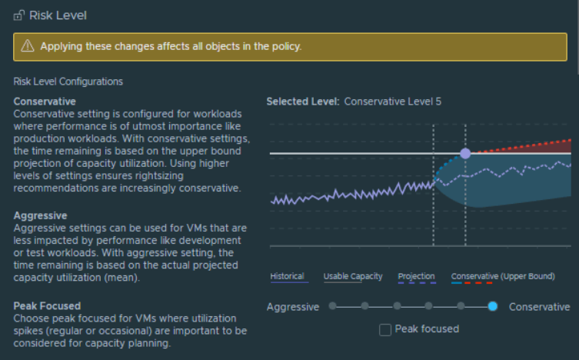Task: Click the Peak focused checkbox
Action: (386, 329)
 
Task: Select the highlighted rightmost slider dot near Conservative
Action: (493, 306)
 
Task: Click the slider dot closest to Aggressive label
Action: (332, 306)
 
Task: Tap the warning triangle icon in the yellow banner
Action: (28, 47)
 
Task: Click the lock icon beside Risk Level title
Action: (18, 15)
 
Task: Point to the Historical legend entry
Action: (287, 276)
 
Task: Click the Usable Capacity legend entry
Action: (353, 276)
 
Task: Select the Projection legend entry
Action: (416, 276)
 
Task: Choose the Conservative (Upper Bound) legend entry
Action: (503, 276)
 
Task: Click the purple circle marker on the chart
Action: (465, 154)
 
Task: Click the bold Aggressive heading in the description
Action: (40, 215)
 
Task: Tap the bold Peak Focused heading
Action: (47, 306)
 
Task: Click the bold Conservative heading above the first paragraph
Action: (45, 101)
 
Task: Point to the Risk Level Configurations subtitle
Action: (68, 82)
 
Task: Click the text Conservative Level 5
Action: (393, 101)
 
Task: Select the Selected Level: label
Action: (302, 101)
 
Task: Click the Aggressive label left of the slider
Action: (293, 307)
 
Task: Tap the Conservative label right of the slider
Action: (540, 307)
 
